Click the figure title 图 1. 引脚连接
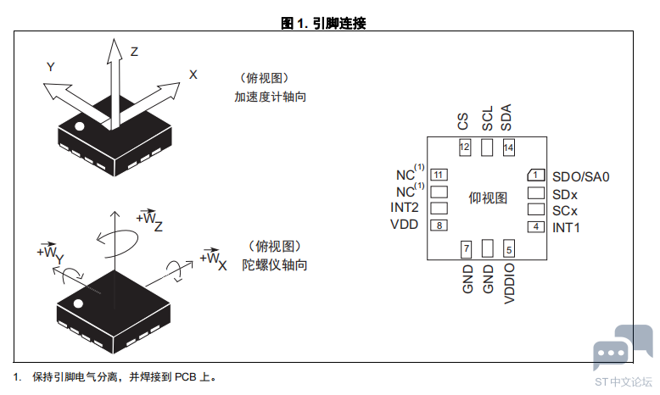[x=323, y=23]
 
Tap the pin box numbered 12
[x=465, y=147]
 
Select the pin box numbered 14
[x=508, y=147]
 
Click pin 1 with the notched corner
[x=536, y=175]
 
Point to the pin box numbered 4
[x=536, y=226]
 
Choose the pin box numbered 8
[x=439, y=225]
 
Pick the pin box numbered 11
[x=439, y=175]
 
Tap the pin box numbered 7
[x=466, y=249]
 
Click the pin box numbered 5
[x=509, y=249]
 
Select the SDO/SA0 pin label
[x=581, y=176]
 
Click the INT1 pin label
[x=566, y=227]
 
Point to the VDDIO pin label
[x=509, y=283]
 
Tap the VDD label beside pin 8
[x=404, y=225]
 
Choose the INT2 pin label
[x=405, y=208]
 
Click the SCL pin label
[x=487, y=118]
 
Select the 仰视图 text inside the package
[x=488, y=197]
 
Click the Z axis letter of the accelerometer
[x=134, y=52]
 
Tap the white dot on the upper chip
[x=79, y=126]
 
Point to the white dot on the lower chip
[x=78, y=303]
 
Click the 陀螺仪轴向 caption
[x=275, y=265]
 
